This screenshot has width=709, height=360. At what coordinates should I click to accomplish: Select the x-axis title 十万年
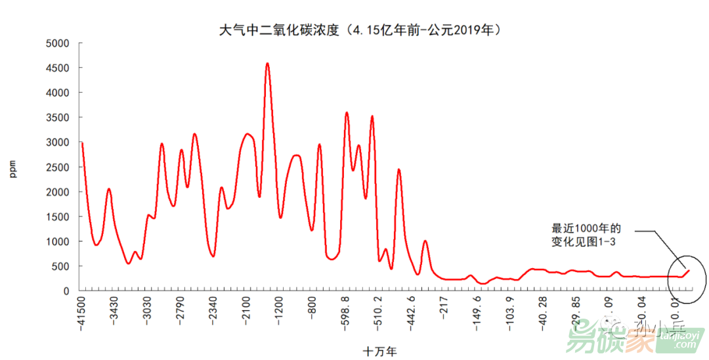click(380, 351)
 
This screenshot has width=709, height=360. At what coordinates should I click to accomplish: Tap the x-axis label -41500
click(81, 315)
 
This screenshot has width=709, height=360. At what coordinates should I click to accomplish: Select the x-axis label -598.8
click(345, 313)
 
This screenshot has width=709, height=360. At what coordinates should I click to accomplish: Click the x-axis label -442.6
click(411, 313)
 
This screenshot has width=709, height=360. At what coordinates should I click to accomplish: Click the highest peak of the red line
click(267, 64)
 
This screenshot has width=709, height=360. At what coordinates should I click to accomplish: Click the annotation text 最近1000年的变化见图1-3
click(586, 235)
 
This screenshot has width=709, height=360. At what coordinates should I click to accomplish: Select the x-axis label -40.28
click(543, 312)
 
